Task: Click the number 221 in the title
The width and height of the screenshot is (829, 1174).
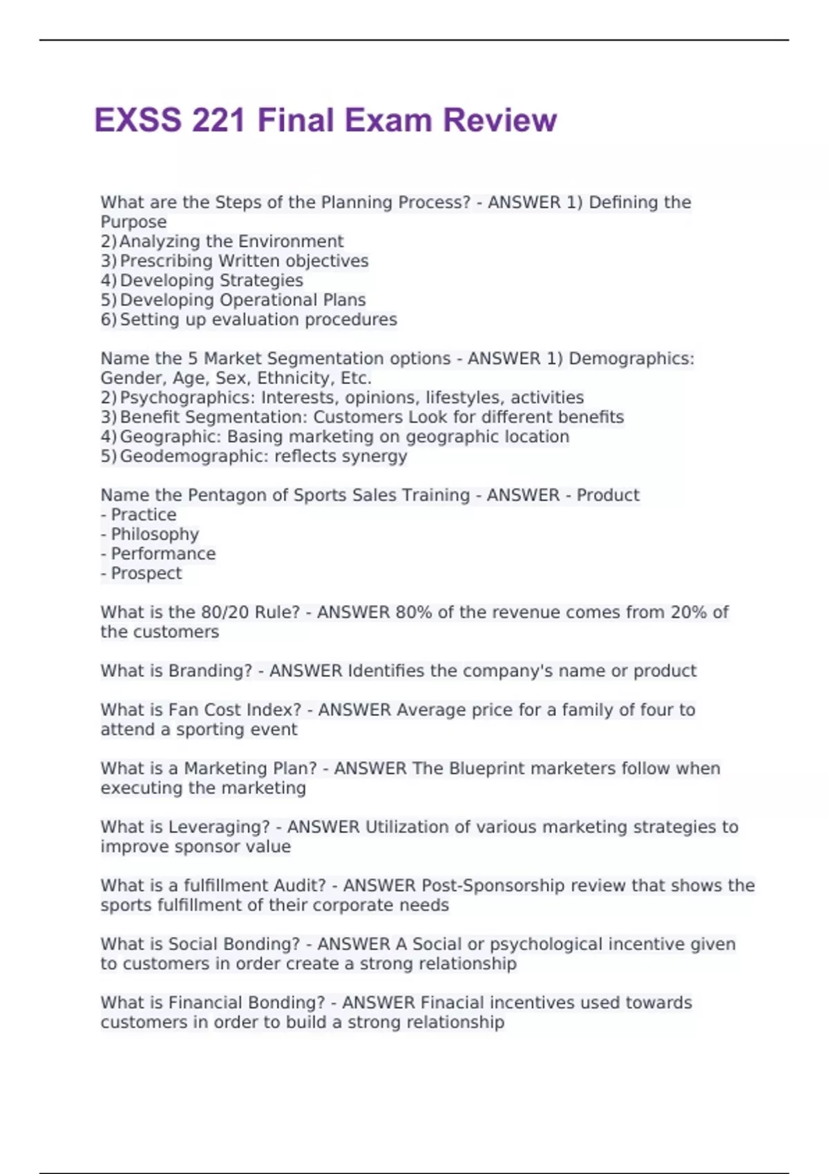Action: [x=218, y=120]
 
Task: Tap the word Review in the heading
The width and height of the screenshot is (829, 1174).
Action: [x=499, y=120]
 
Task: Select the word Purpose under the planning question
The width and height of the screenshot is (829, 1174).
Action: [x=133, y=222]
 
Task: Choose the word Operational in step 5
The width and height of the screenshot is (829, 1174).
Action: [x=267, y=300]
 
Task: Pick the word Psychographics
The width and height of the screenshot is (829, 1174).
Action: [x=187, y=398]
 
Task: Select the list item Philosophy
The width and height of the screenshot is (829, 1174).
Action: [x=155, y=535]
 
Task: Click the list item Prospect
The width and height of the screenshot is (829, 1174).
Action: [x=146, y=574]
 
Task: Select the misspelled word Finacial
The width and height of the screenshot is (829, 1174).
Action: [x=461, y=1003]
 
